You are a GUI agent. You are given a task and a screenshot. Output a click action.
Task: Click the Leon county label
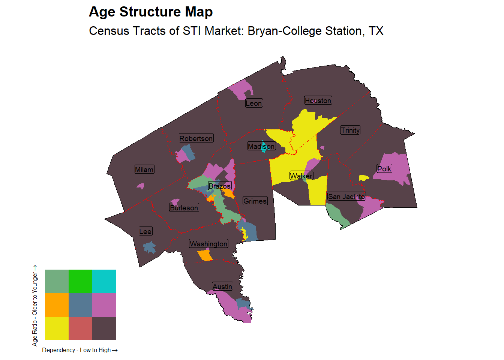254,103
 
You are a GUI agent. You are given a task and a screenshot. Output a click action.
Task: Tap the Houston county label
318,100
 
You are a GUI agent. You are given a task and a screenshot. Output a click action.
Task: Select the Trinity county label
350,130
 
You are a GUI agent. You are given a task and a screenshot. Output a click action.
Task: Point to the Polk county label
384,169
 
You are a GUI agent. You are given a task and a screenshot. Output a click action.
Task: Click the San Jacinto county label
346,196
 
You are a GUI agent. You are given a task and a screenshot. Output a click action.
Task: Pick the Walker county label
301,175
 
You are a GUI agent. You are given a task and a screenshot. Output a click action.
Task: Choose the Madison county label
261,146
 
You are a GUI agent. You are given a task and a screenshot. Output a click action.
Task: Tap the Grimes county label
255,201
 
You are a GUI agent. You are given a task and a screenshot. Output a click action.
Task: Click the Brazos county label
220,186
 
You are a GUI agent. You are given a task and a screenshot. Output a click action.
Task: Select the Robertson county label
196,138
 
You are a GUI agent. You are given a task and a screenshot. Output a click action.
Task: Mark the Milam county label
144,169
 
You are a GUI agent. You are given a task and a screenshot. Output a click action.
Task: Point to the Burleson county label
184,208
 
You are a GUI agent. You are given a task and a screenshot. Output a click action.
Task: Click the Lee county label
145,231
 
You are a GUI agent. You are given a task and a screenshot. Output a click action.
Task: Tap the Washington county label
208,244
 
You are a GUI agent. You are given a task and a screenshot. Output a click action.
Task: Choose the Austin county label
222,286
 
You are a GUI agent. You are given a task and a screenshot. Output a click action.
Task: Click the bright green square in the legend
80,281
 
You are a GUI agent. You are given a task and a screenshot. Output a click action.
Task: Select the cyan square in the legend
104,281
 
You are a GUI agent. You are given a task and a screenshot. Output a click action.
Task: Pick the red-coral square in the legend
80,328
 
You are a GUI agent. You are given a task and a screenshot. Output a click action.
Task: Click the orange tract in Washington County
205,255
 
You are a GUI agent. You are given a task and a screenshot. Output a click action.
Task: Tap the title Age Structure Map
151,12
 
